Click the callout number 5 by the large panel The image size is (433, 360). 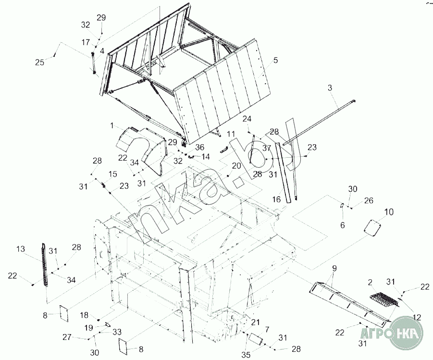[x=275, y=61]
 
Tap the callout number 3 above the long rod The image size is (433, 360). [x=344, y=88]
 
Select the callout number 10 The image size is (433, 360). [x=389, y=211]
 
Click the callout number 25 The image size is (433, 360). [x=40, y=62]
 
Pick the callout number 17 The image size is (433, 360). [x=85, y=42]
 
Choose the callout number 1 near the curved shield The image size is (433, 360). [x=111, y=125]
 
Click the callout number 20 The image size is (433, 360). [x=236, y=166]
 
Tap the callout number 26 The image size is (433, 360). [x=369, y=200]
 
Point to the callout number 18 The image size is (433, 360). [x=84, y=315]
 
